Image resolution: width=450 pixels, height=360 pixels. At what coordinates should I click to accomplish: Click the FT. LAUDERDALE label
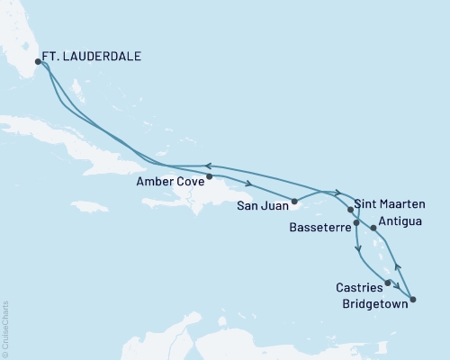pos(94,57)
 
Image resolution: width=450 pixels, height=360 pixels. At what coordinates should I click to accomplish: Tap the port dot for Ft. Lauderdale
pos(38,62)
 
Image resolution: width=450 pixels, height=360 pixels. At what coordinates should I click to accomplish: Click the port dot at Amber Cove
pos(209,176)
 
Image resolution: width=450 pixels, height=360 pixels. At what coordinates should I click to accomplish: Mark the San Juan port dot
pos(294,201)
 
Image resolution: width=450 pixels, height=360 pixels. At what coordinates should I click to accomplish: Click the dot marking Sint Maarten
pos(350,209)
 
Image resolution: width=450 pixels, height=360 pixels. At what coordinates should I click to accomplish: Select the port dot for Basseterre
pos(357,222)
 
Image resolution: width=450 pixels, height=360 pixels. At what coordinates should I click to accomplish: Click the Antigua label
pos(402,219)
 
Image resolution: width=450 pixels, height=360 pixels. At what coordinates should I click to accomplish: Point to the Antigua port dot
pos(373,228)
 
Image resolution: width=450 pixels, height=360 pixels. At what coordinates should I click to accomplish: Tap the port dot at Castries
pos(388,283)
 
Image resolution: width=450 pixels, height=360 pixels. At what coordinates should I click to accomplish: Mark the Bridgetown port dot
pos(413,299)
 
